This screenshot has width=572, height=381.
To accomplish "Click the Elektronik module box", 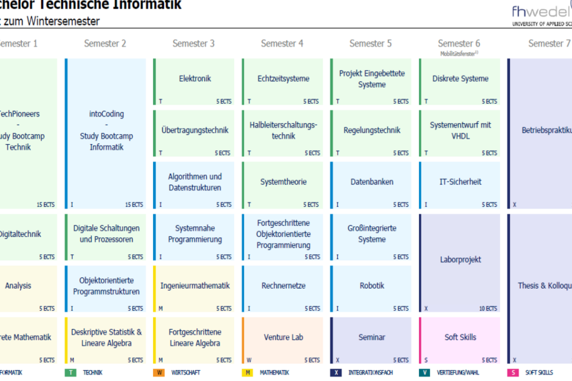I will [x=194, y=81].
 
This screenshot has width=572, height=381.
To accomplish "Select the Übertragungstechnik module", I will [x=194, y=133].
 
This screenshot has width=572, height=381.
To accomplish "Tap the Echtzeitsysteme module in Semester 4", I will [x=283, y=81].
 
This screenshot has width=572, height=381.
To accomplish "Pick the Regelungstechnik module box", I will [x=371, y=133].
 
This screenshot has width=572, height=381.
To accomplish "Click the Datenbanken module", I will [x=371, y=184].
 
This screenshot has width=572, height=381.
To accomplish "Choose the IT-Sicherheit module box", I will [x=460, y=184].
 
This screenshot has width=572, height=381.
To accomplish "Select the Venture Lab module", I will [x=283, y=340].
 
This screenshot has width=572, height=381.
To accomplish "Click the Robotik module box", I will [x=371, y=288].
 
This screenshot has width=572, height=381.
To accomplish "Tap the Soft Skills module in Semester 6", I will [x=460, y=340].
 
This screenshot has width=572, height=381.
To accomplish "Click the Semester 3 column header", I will [x=193, y=44].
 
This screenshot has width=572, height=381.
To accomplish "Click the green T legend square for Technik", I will [x=70, y=372].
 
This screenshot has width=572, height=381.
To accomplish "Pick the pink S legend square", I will [x=513, y=372].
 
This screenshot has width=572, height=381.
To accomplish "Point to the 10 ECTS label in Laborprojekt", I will [x=487, y=308].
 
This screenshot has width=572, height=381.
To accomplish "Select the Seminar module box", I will [x=371, y=340].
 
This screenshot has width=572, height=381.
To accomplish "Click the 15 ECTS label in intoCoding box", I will [x=134, y=205].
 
